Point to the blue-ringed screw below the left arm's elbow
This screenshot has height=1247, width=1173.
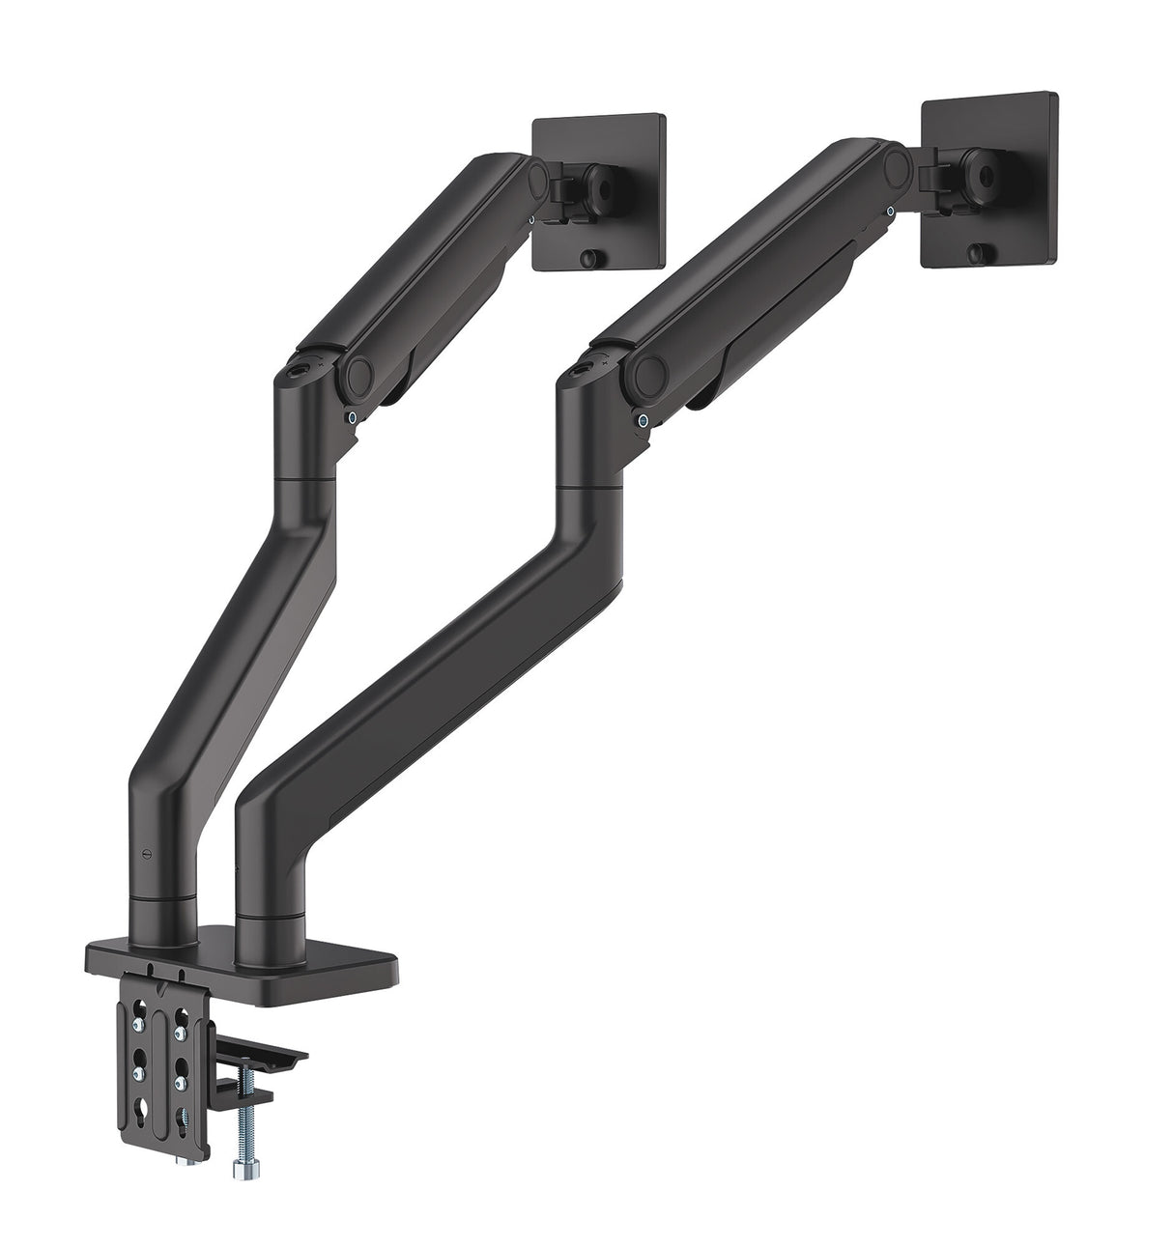[354, 417]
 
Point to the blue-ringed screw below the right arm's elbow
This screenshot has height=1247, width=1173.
[643, 418]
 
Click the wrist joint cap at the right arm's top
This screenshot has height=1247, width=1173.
[897, 160]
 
